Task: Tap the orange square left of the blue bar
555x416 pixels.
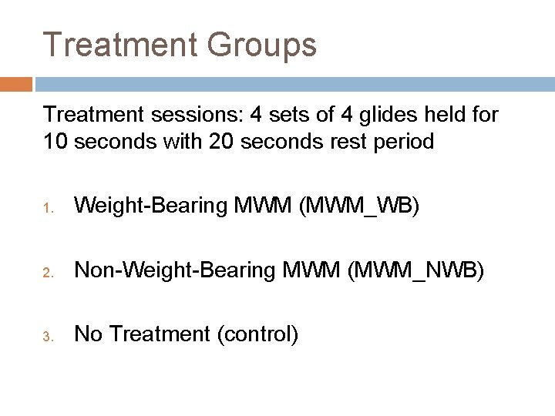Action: click(x=15, y=83)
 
